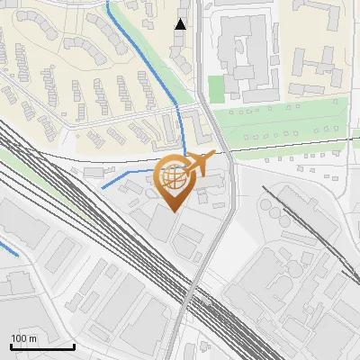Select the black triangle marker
(181, 24)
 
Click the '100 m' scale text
(23, 338)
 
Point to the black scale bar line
(42, 346)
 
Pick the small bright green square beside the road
(215, 87)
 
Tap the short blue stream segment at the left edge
(8, 246)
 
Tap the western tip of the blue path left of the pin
(102, 187)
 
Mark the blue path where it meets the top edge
(109, 3)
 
